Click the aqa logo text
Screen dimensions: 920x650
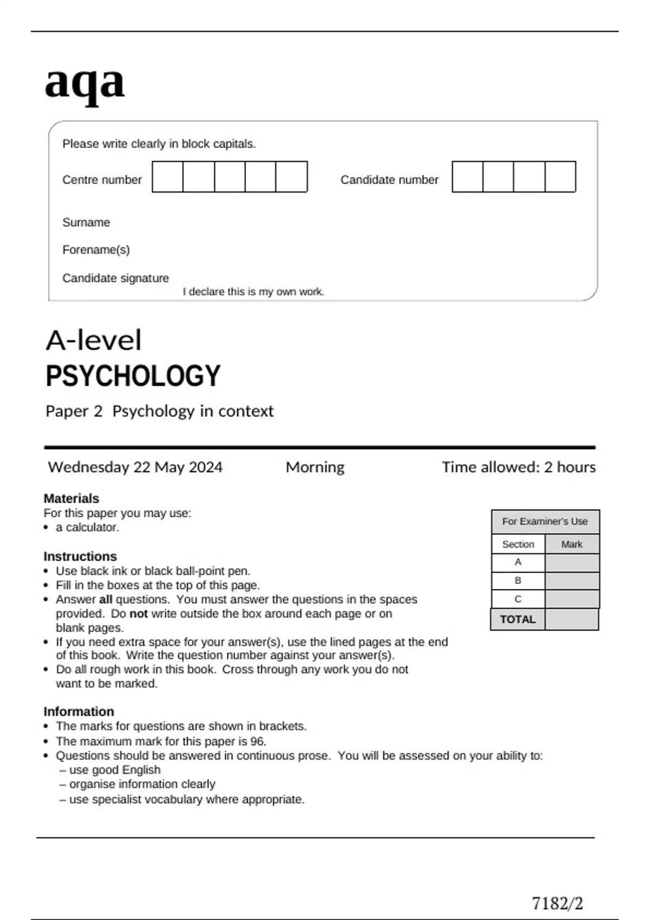84,83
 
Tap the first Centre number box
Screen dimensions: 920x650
167,176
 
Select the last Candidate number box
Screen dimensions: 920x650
560,176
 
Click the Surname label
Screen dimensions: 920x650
86,222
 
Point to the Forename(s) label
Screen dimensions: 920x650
96,250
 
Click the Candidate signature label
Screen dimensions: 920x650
115,278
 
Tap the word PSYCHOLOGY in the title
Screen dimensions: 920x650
133,376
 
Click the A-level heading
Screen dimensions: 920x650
93,340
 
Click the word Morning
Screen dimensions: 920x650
315,467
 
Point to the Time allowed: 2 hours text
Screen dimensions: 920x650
518,467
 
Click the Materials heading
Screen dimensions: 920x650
71,498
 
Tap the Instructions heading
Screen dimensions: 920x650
80,556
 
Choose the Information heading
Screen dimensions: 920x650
79,712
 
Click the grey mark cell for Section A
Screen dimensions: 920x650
572,563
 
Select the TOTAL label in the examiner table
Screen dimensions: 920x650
517,620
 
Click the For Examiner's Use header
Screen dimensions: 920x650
544,522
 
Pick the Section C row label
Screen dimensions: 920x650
518,599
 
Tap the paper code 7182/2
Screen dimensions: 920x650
557,904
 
